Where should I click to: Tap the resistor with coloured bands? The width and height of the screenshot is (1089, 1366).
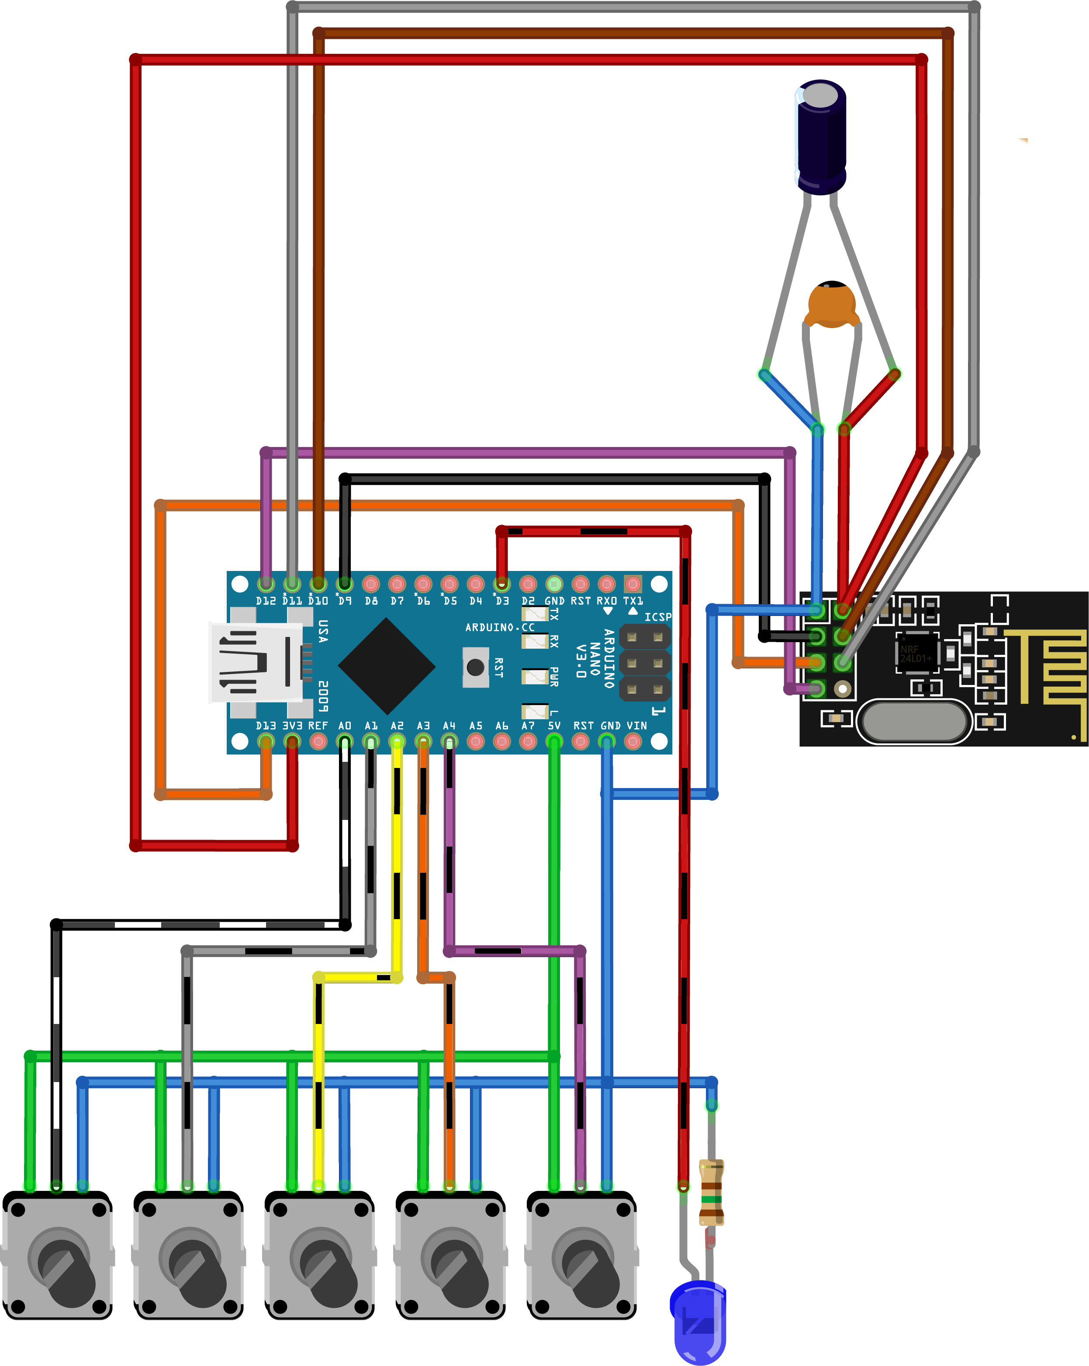click(711, 1193)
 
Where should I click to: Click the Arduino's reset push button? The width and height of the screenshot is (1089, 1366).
click(475, 667)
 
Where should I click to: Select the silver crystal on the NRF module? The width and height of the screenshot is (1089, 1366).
click(914, 722)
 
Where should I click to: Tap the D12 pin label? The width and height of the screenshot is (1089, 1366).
click(266, 601)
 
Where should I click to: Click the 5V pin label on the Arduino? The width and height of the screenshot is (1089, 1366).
click(554, 726)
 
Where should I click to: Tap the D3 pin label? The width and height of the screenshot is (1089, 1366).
click(502, 601)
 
